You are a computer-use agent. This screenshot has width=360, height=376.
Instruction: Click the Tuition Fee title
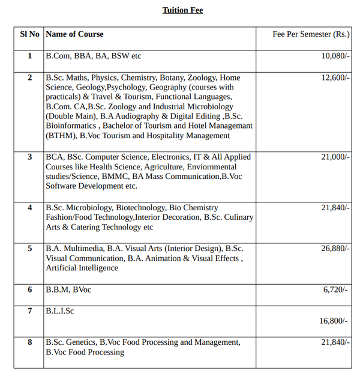click(x=182, y=10)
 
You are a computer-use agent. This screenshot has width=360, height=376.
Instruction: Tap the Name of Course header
click(x=75, y=34)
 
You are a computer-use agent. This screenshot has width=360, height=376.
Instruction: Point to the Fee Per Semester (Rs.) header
click(x=311, y=34)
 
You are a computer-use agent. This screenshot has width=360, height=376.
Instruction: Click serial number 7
click(x=30, y=311)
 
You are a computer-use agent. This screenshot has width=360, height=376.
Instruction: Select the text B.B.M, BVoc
click(x=68, y=290)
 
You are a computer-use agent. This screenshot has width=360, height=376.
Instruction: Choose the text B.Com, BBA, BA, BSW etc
click(x=93, y=56)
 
